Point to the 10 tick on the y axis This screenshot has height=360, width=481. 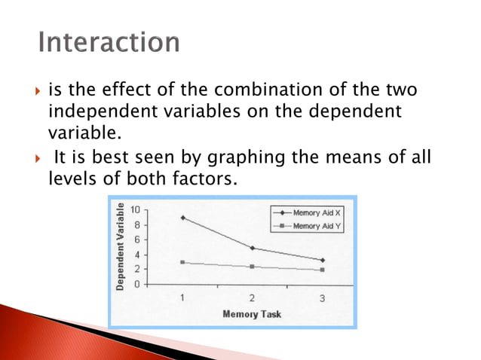[136, 210]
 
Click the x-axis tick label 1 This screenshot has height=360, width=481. [182, 298]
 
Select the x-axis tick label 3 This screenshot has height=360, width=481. [322, 298]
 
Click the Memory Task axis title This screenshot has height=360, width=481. [252, 313]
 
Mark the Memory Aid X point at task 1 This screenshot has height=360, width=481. [182, 218]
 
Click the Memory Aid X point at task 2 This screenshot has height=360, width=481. [252, 248]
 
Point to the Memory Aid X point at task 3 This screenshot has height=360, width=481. [322, 260]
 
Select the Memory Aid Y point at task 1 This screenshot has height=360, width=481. [182, 262]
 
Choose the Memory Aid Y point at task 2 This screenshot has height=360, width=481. [252, 267]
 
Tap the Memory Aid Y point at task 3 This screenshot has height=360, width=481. [322, 270]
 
